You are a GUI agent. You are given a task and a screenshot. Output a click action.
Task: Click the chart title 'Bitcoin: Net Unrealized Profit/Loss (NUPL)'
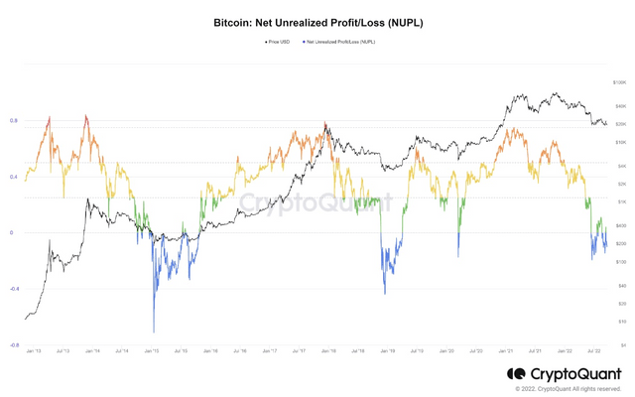[x=317, y=22]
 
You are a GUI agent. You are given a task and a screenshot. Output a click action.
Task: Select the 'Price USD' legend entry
[x=279, y=42]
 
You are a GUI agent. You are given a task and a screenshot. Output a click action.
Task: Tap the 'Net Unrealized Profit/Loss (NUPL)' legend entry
[x=339, y=42]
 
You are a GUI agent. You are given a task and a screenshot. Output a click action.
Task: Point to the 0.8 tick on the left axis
[x=14, y=121]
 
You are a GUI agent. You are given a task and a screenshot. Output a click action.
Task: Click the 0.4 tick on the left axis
[x=14, y=177]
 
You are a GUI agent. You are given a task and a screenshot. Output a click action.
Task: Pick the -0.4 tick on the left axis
[x=14, y=290]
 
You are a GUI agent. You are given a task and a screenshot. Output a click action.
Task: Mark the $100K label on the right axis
[x=620, y=83]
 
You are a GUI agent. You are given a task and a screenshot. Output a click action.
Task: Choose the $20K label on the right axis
[x=620, y=124]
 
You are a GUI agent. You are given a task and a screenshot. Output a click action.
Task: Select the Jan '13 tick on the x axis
[x=33, y=351]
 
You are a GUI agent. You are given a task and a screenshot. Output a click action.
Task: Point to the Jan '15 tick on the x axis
[x=151, y=351]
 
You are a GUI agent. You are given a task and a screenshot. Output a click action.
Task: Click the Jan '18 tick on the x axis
[x=327, y=351]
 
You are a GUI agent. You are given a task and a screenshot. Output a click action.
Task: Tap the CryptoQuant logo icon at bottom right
[x=516, y=374]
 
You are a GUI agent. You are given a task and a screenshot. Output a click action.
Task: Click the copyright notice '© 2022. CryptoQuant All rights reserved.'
[x=568, y=389]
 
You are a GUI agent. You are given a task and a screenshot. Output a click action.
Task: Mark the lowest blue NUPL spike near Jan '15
[x=154, y=331]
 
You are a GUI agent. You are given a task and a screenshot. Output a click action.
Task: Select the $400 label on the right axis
[x=620, y=225]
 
